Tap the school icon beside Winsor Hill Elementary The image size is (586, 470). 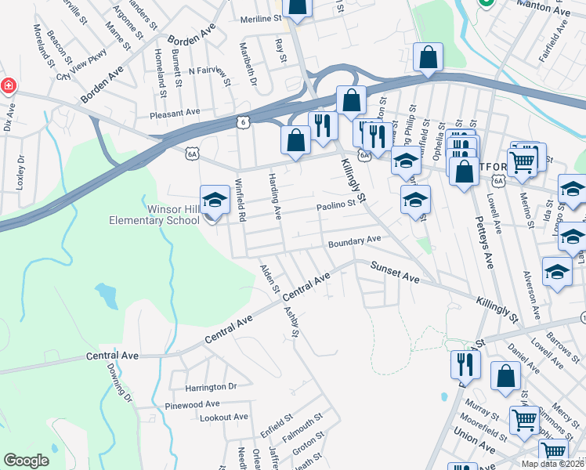coord(215,201)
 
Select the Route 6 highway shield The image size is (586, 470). coord(244,122)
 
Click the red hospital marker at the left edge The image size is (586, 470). coord(8,85)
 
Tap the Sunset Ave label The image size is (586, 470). coord(396,272)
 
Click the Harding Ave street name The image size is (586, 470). coord(274,196)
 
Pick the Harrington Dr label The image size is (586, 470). coord(211,387)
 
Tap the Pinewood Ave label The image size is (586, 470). coord(192,405)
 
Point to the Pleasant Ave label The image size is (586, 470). coord(176,114)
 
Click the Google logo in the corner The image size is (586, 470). coord(26,461)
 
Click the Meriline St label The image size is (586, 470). coord(259,17)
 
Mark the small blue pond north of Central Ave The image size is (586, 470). coord(105,295)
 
